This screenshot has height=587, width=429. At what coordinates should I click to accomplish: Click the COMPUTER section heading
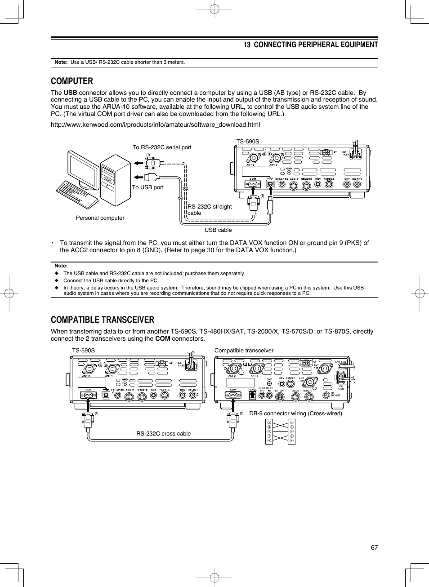pos(72,81)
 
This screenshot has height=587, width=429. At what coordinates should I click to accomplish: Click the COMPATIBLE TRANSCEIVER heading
pos(103,320)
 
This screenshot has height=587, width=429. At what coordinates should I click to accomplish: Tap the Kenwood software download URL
pos(155,125)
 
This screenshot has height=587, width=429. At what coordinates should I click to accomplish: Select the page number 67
pos(374,547)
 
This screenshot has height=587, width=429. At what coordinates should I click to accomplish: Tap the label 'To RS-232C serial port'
pos(162,147)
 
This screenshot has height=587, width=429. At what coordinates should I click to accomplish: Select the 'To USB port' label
pos(147,187)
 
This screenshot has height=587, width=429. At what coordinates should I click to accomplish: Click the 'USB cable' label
pos(218,230)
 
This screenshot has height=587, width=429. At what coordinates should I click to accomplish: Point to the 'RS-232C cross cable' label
pos(163,434)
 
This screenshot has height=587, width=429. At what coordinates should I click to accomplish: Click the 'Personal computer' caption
pos(100,218)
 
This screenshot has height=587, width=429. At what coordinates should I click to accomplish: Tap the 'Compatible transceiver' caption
pos(244,351)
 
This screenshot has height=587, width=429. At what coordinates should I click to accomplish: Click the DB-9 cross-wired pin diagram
pos(280,431)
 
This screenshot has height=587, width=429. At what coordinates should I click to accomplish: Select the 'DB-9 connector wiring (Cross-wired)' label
pos(295,414)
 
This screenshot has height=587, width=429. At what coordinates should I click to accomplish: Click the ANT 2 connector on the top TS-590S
pos(253,158)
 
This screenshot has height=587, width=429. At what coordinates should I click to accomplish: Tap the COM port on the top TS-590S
pos(253,184)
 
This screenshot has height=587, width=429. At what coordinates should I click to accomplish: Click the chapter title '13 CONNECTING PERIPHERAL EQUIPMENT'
pos(310,45)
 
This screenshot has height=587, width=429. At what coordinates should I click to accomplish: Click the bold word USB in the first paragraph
pos(70,93)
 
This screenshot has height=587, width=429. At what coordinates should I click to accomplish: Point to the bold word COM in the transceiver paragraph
pos(162,339)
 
